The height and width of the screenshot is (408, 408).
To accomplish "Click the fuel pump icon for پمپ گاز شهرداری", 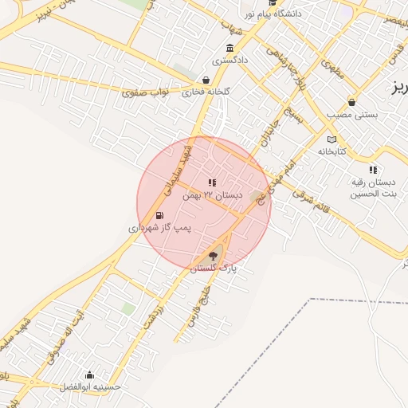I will coord(160,215).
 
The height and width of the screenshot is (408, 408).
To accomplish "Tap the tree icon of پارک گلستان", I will coord(212,257).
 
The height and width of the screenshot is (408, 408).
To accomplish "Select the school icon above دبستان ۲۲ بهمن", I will coord(212,183).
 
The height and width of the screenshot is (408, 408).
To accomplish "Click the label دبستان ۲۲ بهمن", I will coord(211,195).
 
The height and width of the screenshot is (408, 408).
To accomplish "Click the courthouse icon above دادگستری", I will coord(230,48).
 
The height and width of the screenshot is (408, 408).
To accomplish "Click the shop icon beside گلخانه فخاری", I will coord(206,80).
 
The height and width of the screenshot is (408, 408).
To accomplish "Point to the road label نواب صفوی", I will coord(146,92).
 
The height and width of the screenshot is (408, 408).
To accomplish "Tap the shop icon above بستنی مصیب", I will coord(351,102).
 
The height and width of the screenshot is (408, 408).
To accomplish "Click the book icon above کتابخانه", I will coord(332,139).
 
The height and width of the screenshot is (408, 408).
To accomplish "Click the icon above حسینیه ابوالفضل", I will coord(89,375).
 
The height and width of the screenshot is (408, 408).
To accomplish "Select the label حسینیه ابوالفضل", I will coord(90,387).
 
